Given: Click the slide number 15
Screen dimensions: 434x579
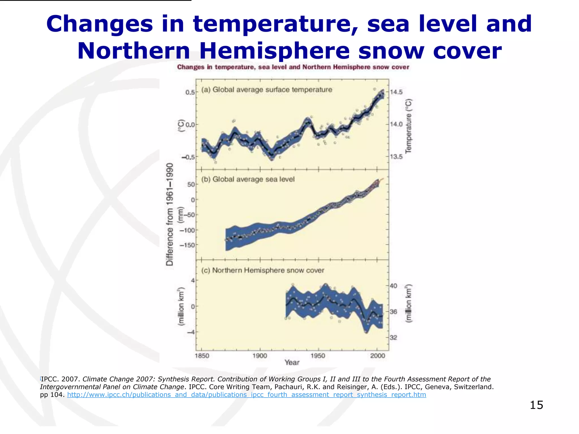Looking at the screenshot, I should (536, 405).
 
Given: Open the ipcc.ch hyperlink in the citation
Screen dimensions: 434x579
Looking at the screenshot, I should (246, 395).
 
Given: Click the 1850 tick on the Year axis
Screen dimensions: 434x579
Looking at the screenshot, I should (202, 356).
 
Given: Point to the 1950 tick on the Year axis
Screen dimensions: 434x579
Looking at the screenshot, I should (318, 356).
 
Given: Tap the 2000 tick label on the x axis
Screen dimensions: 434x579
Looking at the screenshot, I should (377, 356).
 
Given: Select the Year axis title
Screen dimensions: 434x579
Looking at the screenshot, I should (292, 363).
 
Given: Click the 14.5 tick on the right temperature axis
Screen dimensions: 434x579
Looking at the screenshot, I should (396, 92).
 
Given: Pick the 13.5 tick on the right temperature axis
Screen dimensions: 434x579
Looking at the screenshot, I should (396, 157).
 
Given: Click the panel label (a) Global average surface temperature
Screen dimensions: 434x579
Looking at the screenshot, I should (267, 90).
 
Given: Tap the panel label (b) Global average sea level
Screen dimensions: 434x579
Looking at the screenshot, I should (248, 179).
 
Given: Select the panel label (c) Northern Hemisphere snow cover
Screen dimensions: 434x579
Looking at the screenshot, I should (262, 270).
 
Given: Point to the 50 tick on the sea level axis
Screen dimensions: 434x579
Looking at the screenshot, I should (191, 185).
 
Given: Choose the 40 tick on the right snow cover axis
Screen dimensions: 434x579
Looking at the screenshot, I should (394, 286).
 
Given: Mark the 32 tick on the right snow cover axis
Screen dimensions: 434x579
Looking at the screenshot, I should (394, 338).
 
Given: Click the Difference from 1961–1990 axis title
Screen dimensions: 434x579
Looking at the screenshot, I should (170, 214).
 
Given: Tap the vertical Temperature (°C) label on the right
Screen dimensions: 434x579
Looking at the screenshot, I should (409, 126).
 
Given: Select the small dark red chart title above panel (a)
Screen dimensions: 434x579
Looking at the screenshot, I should (293, 67).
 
